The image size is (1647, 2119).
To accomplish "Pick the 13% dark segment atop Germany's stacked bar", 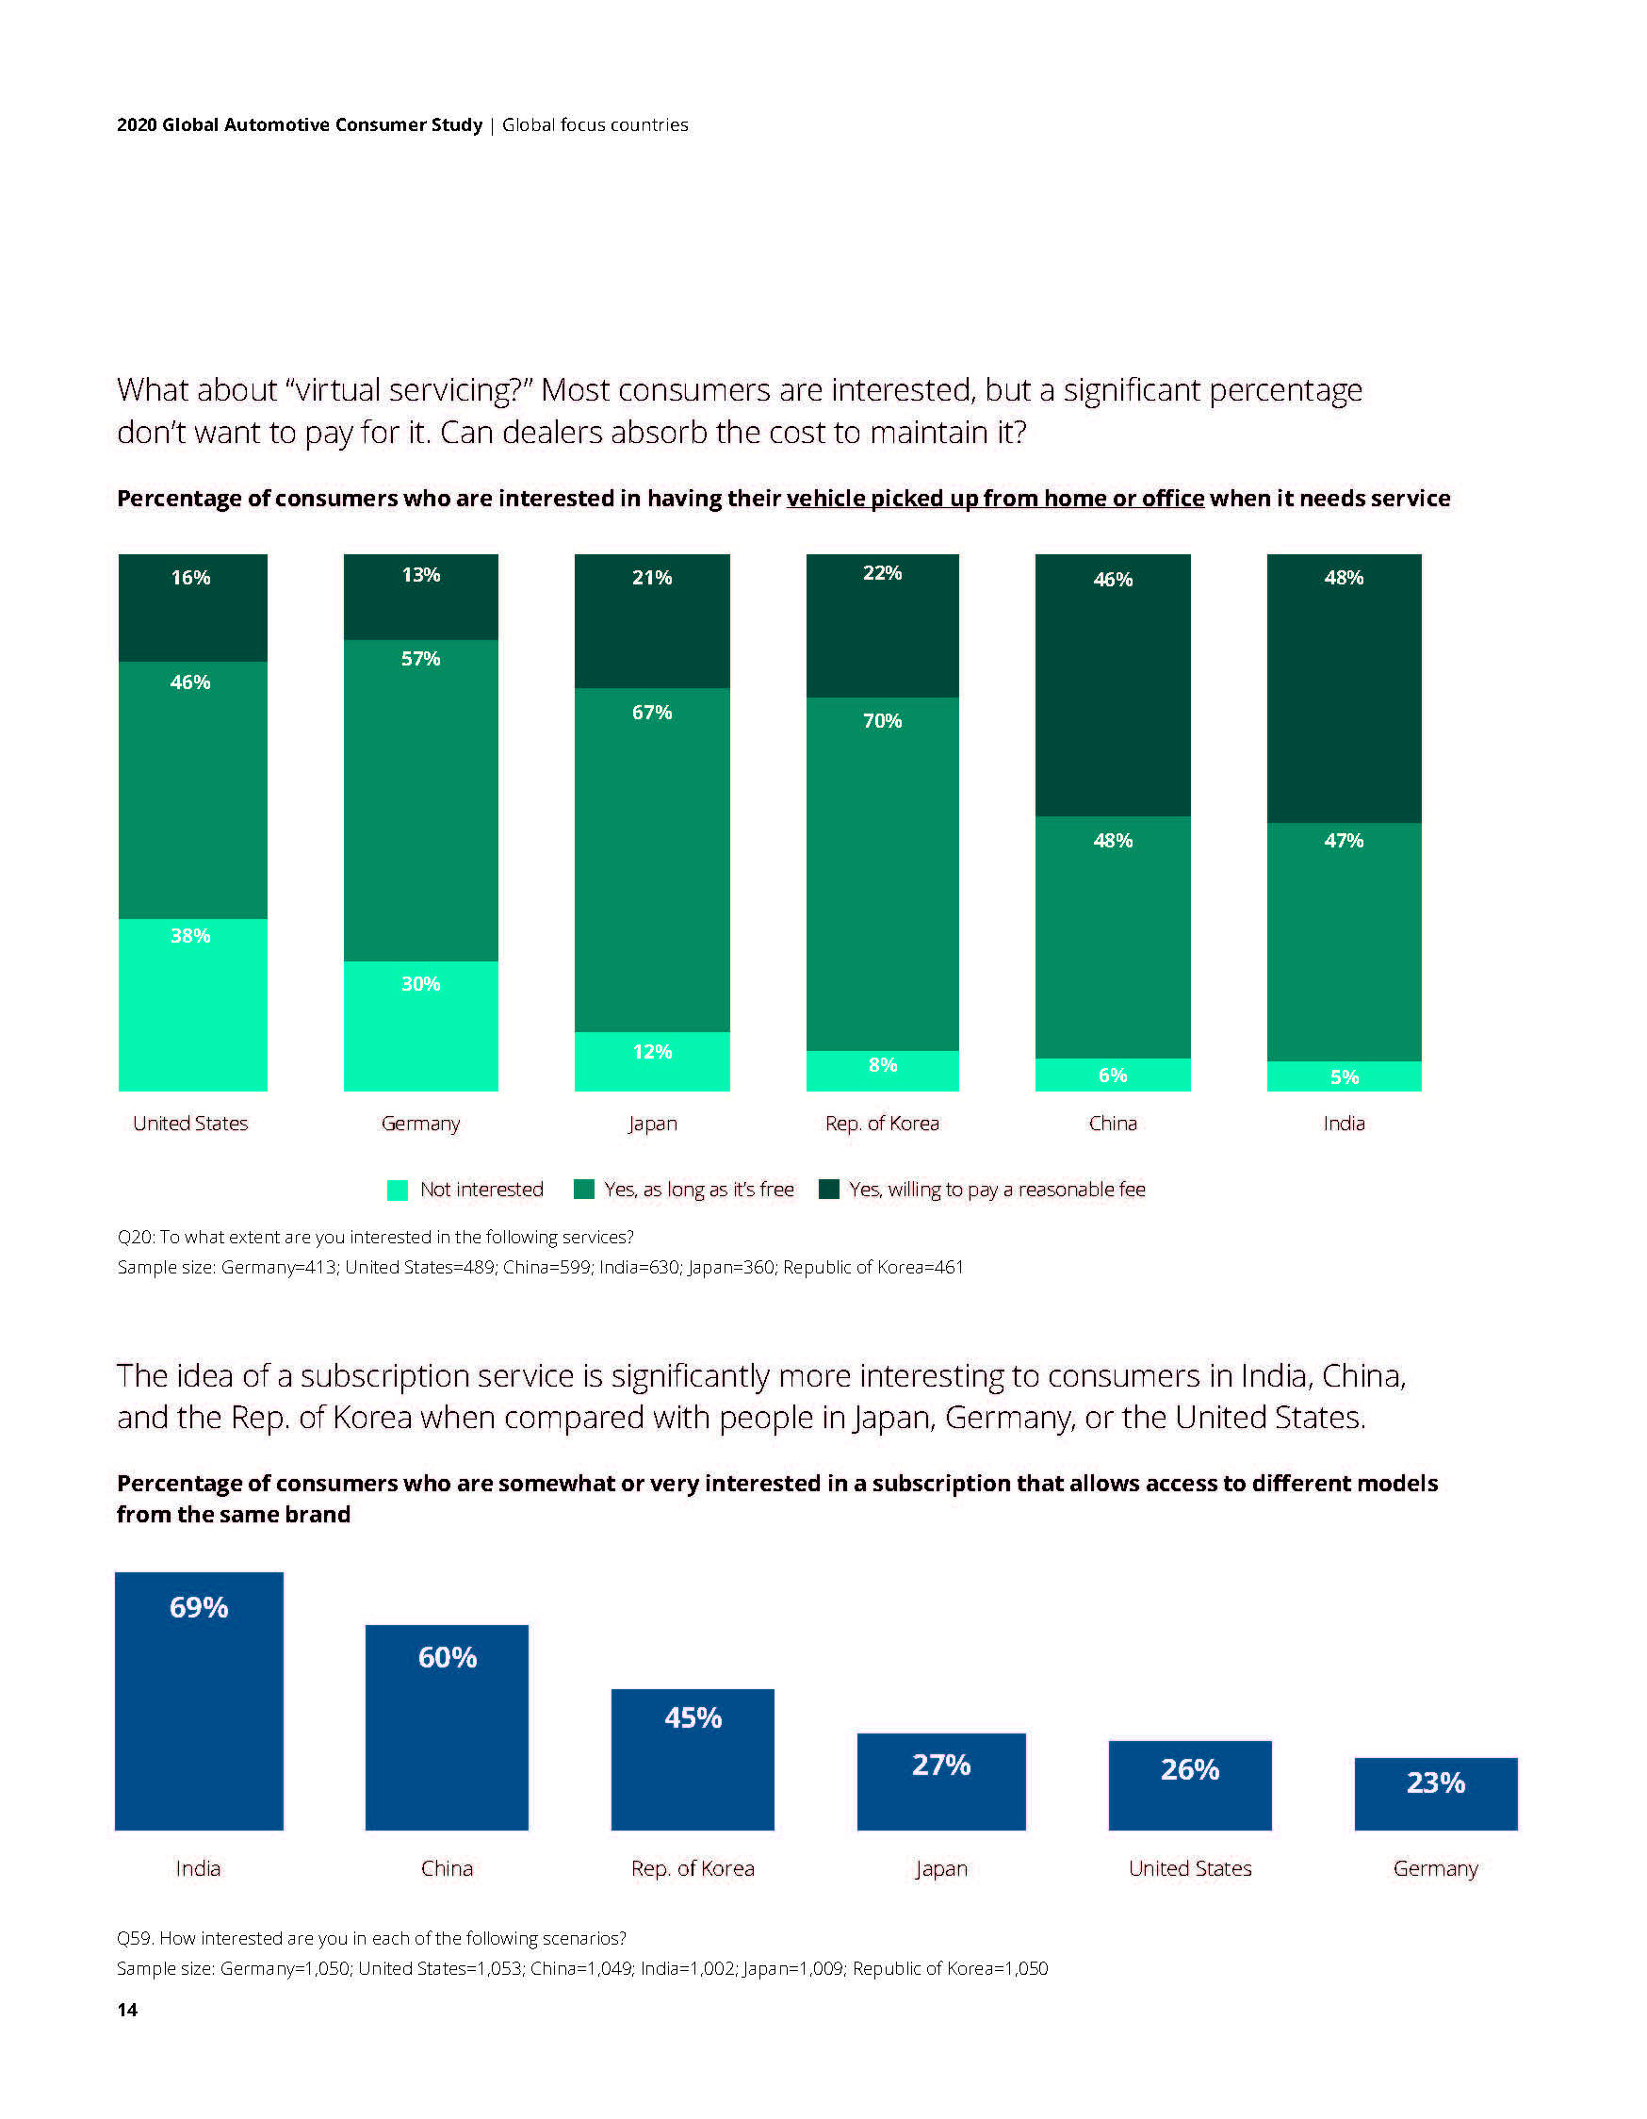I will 420,596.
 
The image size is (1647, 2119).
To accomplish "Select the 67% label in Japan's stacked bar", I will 652,713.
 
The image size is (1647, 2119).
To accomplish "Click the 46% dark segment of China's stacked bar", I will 1113,684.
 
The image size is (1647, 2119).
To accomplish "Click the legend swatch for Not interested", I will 398,1190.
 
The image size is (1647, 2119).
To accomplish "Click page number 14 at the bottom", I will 127,2010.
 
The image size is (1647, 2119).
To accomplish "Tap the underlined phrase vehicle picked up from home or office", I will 994,498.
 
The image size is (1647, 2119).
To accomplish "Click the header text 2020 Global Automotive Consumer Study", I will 299,124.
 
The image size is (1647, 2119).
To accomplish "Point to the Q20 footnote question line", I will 374,1237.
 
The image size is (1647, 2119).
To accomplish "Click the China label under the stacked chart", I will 1113,1123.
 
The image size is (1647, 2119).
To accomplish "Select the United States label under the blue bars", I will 1189,1867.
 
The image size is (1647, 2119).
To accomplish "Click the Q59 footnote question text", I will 370,1938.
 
